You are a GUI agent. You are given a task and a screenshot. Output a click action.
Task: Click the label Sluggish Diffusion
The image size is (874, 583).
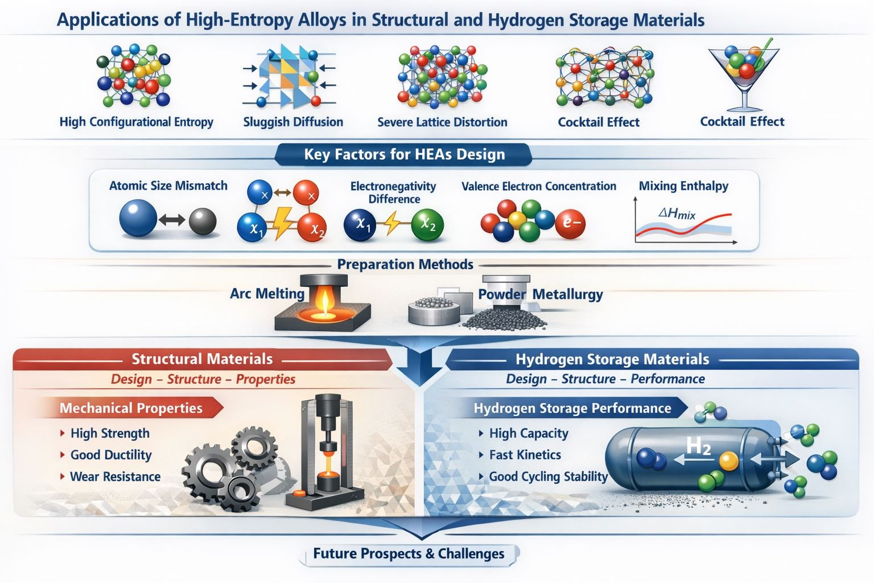(293, 122)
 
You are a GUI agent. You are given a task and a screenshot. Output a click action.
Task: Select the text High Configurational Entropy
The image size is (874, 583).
(137, 122)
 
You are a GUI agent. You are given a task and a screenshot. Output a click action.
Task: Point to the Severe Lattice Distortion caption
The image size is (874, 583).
(442, 122)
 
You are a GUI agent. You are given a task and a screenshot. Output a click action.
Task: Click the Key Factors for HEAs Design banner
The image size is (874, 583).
(404, 154)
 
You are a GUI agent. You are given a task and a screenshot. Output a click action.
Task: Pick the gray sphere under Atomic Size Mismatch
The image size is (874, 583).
(203, 221)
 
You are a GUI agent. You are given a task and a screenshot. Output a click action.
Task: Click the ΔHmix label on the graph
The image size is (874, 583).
(677, 214)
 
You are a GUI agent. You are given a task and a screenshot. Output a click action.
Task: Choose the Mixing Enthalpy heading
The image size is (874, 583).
(683, 186)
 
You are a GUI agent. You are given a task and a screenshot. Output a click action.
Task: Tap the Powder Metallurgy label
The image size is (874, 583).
(540, 294)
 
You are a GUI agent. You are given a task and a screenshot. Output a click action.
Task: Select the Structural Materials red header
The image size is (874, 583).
(202, 359)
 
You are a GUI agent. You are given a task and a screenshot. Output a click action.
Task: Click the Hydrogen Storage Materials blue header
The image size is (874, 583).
(612, 359)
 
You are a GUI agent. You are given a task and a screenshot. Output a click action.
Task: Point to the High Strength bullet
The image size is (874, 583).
(110, 433)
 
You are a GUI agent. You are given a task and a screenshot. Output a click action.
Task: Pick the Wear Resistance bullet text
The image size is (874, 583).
(115, 477)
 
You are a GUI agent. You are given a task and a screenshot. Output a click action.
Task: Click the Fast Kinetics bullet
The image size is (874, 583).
(525, 455)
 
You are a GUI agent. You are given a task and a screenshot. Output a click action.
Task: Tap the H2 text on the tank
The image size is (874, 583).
(699, 446)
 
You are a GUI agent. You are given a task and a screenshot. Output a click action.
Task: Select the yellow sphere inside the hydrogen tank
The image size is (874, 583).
(728, 461)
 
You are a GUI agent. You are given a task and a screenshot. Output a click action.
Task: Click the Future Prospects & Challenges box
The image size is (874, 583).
(409, 554)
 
